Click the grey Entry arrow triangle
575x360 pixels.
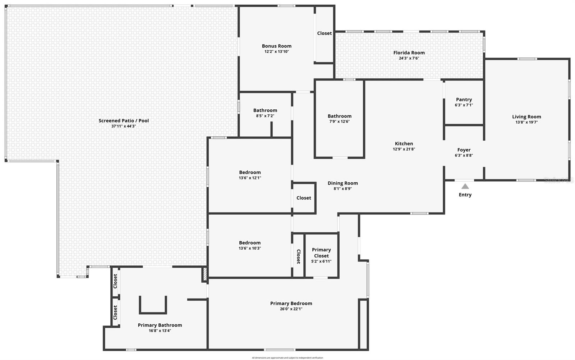pyautogui.click(x=465, y=186)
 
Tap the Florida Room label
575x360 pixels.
pyautogui.click(x=409, y=53)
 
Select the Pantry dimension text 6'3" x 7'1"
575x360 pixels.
pyautogui.click(x=464, y=105)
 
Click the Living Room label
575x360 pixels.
pyautogui.click(x=526, y=117)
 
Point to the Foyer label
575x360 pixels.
pyautogui.click(x=464, y=150)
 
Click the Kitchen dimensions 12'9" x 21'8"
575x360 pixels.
pyautogui.click(x=404, y=149)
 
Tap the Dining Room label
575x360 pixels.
pyautogui.click(x=342, y=183)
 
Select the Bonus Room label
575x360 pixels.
pyautogui.click(x=276, y=46)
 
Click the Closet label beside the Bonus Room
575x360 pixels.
pyautogui.click(x=324, y=33)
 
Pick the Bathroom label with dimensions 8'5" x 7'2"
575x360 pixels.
pyautogui.click(x=265, y=110)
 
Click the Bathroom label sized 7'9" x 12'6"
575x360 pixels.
pyautogui.click(x=339, y=116)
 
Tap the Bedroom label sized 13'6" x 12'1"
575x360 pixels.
pyautogui.click(x=250, y=172)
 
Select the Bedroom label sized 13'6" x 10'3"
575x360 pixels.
pyautogui.click(x=250, y=243)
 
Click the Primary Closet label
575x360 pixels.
pyautogui.click(x=321, y=252)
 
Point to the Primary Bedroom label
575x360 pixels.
pyautogui.click(x=291, y=303)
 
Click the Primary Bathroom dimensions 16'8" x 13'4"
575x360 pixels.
pyautogui.click(x=160, y=331)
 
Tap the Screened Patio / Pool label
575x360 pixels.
pyautogui.click(x=124, y=120)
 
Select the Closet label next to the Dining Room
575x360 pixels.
pyautogui.click(x=304, y=198)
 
